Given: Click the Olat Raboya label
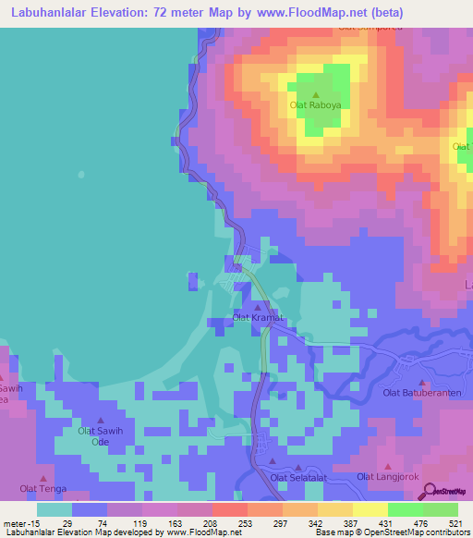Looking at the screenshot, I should point(315,105).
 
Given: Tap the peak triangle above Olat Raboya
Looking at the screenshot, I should point(315,94).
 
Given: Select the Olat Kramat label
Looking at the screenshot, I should point(257,318).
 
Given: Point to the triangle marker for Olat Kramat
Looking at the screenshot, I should point(257,308).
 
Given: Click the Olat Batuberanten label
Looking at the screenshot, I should point(422,393).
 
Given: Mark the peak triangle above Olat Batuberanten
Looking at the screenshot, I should point(422,382).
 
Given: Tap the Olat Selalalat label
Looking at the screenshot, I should point(298,477).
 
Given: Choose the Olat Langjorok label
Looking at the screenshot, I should point(387,477).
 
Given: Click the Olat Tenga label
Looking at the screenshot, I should point(42,487).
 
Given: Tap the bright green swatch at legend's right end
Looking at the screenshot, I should point(441,509).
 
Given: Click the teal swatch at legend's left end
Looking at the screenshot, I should point(55,509).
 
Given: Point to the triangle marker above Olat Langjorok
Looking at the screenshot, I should point(387,466).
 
